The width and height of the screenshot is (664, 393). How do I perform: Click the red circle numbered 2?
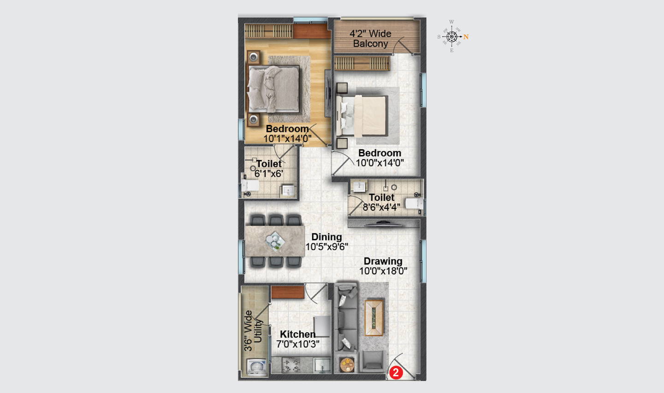pyautogui.click(x=396, y=372)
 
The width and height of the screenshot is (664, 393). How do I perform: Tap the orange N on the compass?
pyautogui.click(x=466, y=37)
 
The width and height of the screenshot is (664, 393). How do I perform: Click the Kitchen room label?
pyautogui.click(x=297, y=334)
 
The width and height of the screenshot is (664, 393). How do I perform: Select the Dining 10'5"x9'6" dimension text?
pyautogui.click(x=326, y=247)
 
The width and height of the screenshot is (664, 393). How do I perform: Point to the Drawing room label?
pyautogui.click(x=383, y=261)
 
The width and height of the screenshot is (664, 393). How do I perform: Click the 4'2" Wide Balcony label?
pyautogui.click(x=371, y=39)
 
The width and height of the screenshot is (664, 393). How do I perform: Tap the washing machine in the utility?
pyautogui.click(x=256, y=367)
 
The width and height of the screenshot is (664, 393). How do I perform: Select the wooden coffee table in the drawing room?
pyautogui.click(x=374, y=318)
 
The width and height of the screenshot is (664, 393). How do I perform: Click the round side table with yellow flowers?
pyautogui.click(x=347, y=365)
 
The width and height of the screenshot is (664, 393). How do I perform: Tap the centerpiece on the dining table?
pyautogui.click(x=275, y=240)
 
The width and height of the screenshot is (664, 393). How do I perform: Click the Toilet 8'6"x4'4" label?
pyautogui.click(x=381, y=202)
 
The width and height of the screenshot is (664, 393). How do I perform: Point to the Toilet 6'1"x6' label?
pyautogui.click(x=269, y=169)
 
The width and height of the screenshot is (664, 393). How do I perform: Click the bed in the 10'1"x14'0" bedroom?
pyautogui.click(x=273, y=89)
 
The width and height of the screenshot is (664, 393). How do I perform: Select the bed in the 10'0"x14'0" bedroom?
pyautogui.click(x=362, y=116)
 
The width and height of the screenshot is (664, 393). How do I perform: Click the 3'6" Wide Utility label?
pyautogui.click(x=253, y=331)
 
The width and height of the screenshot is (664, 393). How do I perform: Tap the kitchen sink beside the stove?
pyautogui.click(x=322, y=365)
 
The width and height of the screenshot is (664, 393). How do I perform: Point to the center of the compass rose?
pyautogui.click(x=451, y=37)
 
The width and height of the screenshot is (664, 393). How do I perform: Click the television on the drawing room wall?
pyautogui.click(x=383, y=223)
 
